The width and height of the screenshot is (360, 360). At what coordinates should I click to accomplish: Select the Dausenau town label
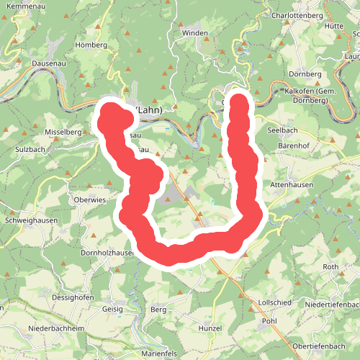(x=50, y=63)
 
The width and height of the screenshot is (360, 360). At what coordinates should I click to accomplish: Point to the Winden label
(x=195, y=33)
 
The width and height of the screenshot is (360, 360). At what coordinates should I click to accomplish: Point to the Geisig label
(x=112, y=308)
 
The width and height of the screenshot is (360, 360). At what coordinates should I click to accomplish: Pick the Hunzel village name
(x=210, y=328)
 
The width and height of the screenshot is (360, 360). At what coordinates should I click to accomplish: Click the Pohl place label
(x=269, y=321)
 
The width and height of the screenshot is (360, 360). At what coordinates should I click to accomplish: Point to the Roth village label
(x=330, y=267)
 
